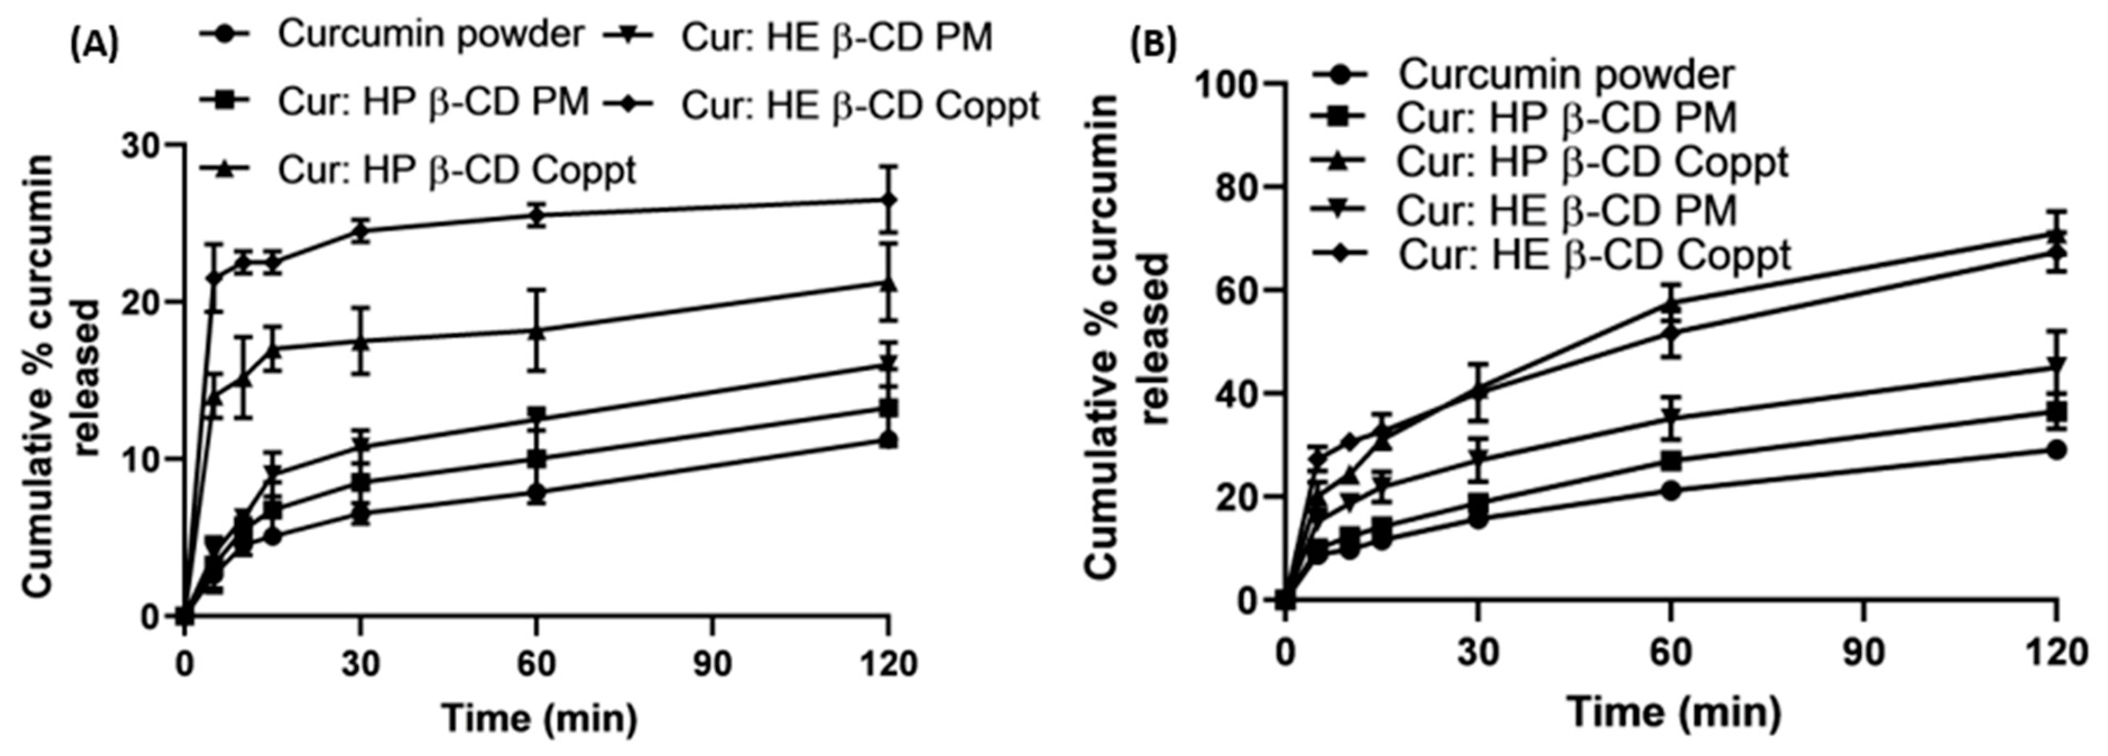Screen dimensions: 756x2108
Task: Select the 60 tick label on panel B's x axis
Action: (x=1671, y=654)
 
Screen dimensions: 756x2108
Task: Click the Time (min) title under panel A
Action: (x=539, y=718)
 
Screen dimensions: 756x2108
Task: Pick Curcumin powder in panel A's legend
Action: (x=431, y=34)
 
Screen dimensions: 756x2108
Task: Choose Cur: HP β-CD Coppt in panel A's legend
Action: (x=456, y=170)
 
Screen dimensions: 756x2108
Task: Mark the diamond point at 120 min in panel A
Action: (x=889, y=200)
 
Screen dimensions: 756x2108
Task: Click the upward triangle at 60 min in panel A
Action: (x=536, y=331)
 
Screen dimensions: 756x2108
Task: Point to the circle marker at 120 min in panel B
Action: (x=2056, y=450)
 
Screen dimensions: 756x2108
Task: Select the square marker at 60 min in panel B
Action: (x=1671, y=460)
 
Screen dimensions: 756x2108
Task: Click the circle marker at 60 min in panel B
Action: (x=1671, y=491)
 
